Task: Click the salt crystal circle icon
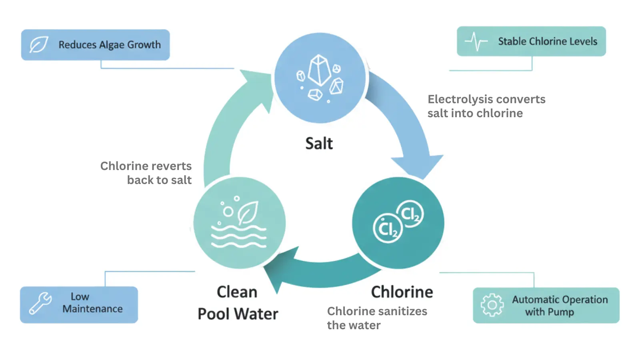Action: [x=320, y=78]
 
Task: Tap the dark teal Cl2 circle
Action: [x=398, y=223]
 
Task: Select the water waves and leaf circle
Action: [x=239, y=223]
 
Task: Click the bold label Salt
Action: [x=319, y=144]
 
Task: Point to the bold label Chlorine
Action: [x=402, y=292]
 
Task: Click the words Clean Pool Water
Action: [x=238, y=303]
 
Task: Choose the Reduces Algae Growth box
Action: [x=95, y=45]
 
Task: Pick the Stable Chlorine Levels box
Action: [x=531, y=41]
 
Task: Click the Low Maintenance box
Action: [x=79, y=305]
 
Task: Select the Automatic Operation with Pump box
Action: [x=546, y=305]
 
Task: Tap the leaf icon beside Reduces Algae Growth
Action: [x=39, y=45]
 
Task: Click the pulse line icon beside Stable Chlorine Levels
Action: [x=476, y=41]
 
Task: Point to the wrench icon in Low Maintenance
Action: [x=40, y=303]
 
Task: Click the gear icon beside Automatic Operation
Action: [x=492, y=305]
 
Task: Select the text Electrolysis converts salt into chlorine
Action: [x=486, y=106]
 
